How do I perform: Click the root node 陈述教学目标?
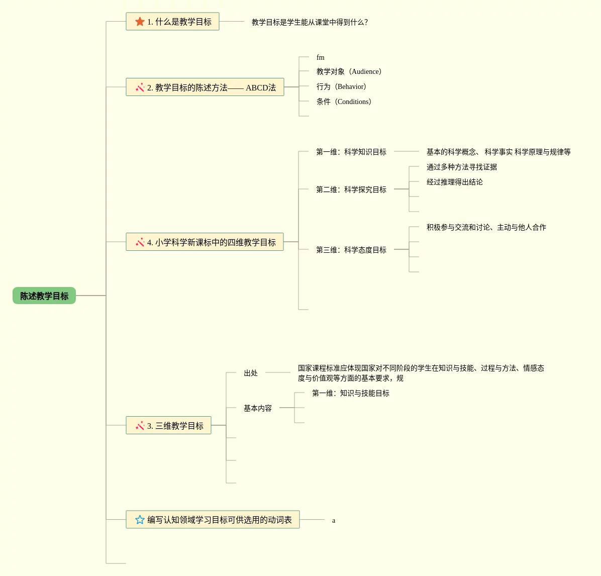[44, 296]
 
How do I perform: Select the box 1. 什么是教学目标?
[172, 22]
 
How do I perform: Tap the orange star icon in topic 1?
[140, 22]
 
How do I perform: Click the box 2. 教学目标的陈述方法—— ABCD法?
[205, 87]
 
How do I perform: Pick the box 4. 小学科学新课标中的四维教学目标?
[205, 242]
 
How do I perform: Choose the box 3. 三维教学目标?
[169, 426]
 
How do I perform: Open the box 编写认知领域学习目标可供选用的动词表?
[213, 520]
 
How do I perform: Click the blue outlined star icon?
[140, 520]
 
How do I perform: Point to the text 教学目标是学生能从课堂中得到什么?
[310, 22]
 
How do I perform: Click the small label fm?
[321, 57]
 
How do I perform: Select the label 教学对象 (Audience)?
[349, 72]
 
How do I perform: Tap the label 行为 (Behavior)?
[342, 87]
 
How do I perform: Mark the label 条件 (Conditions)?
[344, 102]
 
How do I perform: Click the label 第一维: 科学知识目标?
[351, 152]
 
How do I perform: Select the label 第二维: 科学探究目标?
[351, 189]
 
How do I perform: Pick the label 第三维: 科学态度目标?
[351, 250]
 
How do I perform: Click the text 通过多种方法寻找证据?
[462, 167]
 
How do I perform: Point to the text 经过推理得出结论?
[455, 182]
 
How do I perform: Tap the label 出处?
[251, 373]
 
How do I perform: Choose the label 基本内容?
[258, 408]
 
